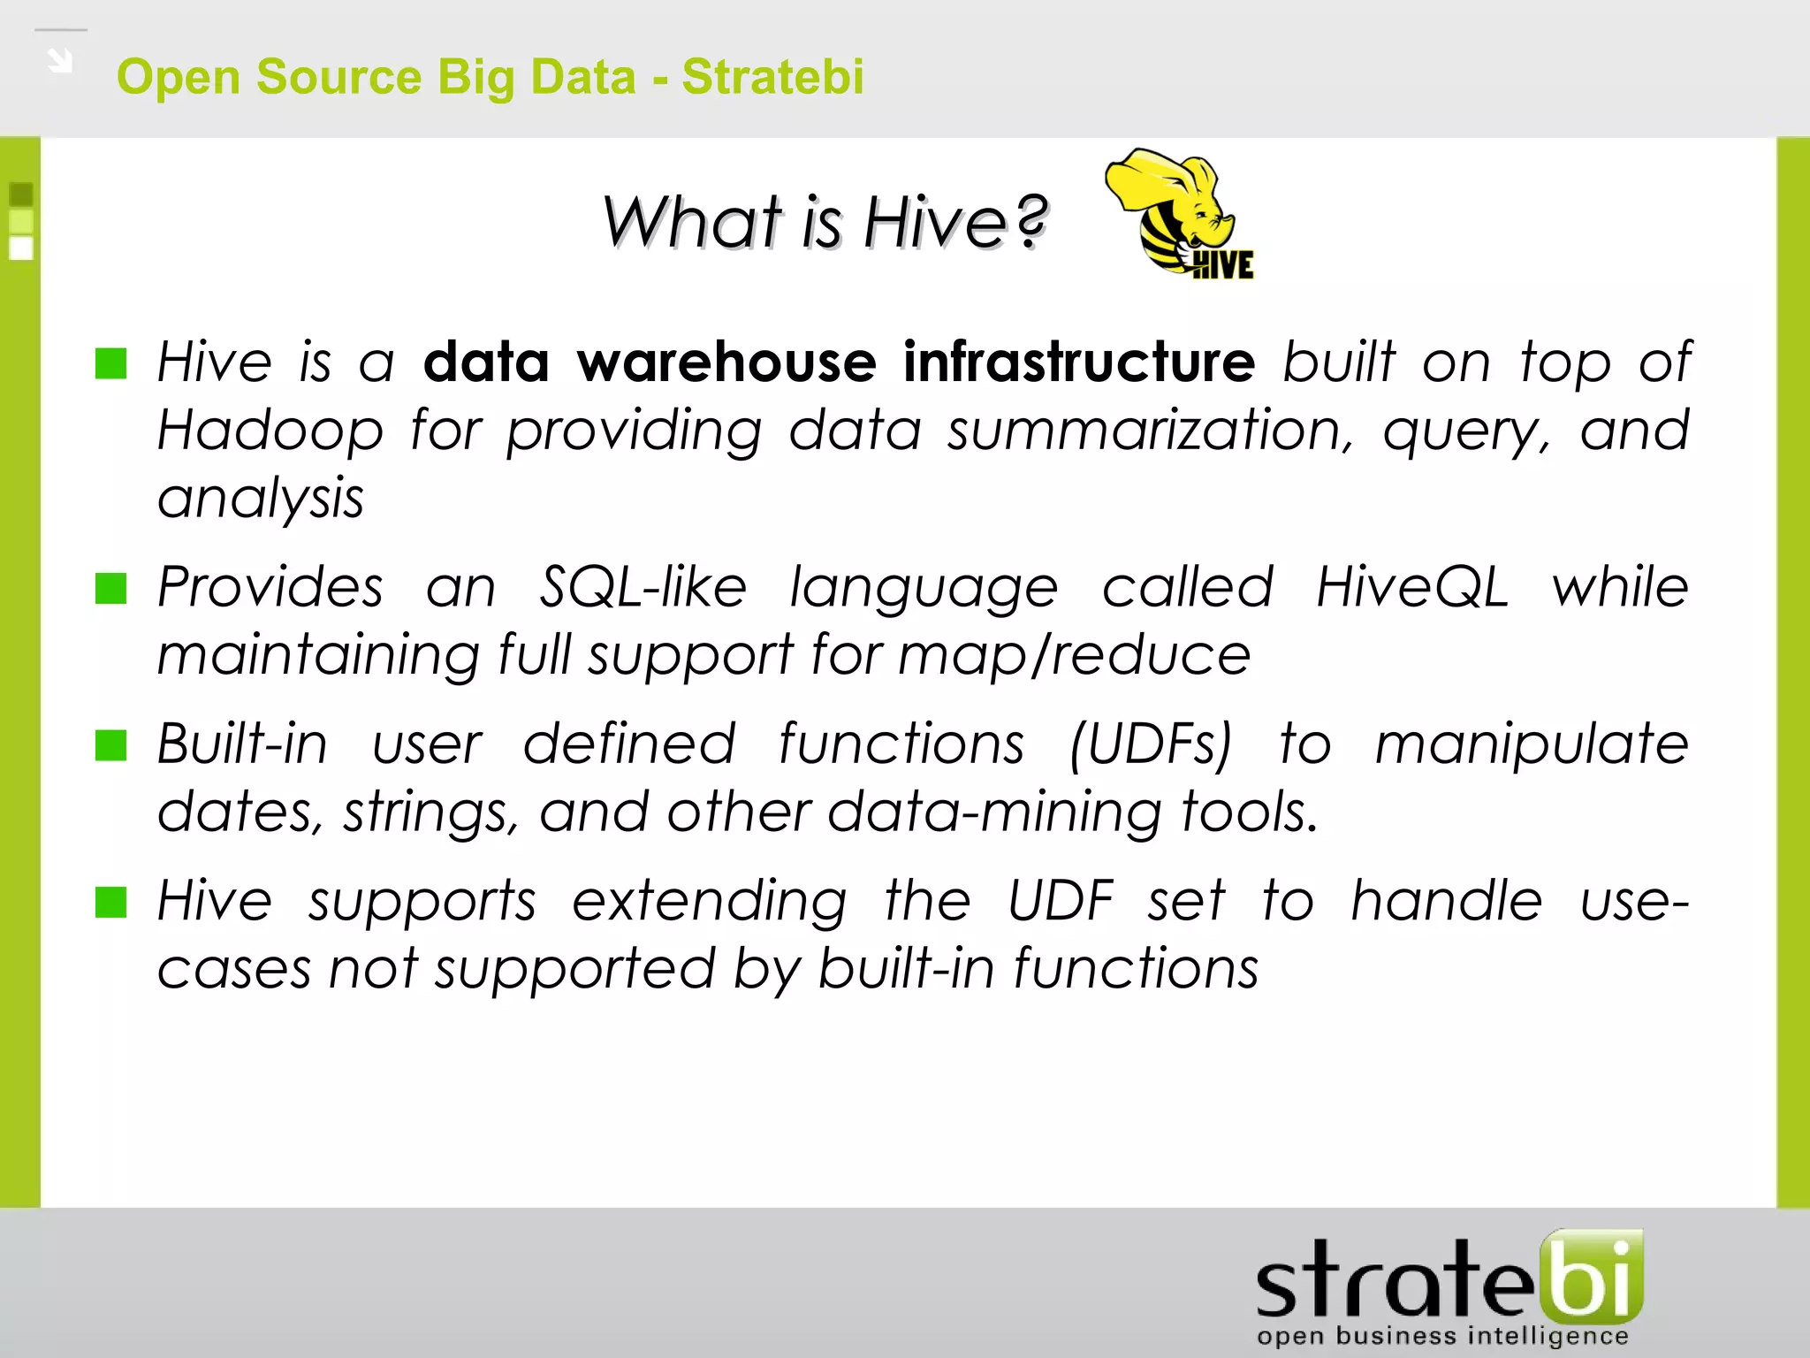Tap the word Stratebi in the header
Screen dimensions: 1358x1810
click(772, 76)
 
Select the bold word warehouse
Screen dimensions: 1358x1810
click(726, 362)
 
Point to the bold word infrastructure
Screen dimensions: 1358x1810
click(1078, 362)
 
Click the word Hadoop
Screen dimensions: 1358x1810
click(270, 431)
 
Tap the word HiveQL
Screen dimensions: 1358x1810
click(1411, 588)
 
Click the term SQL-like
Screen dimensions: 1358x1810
click(643, 588)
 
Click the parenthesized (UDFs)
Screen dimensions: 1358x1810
click(1150, 744)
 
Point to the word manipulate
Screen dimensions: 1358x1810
click(1532, 744)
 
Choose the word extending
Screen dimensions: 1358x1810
click(709, 902)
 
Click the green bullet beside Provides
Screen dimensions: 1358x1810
click(111, 588)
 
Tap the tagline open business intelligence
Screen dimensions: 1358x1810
click(1442, 1336)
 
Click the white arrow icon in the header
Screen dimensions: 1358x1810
click(60, 61)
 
